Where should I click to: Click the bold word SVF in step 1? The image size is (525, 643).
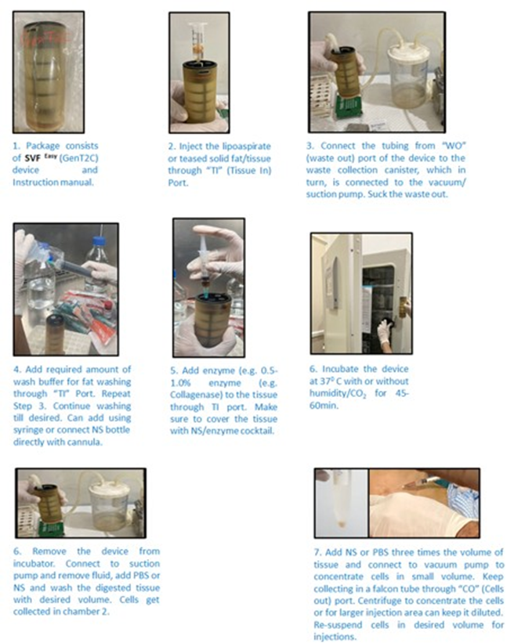coord(32,158)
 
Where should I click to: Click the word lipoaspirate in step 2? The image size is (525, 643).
coord(247,146)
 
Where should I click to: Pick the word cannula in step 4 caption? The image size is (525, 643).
coord(85,442)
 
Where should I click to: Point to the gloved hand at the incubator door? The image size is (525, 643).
coord(385,331)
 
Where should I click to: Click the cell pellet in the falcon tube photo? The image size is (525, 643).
coord(342,523)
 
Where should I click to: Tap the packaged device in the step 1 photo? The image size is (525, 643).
coord(48,73)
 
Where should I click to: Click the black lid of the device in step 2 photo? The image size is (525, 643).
coord(199,64)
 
